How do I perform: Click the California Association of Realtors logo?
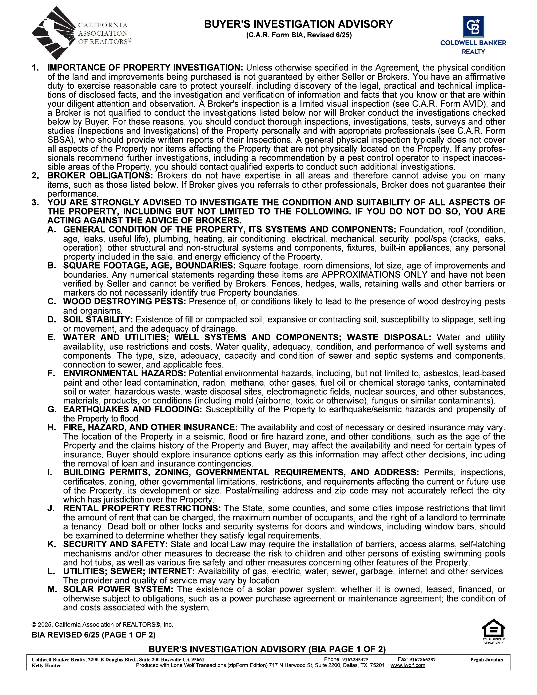coord(81,33)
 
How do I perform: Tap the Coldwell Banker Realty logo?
coord(473,35)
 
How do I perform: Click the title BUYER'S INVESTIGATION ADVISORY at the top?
coord(298,24)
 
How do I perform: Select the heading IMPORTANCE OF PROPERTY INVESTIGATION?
coord(145,68)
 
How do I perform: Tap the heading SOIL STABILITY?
coord(98,319)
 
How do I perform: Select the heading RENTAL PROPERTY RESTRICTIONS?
coord(142,508)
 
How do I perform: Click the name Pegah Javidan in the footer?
coord(486,660)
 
